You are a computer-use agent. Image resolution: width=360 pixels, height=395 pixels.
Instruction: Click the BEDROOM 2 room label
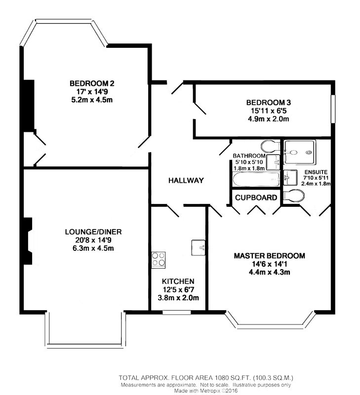pos(92,83)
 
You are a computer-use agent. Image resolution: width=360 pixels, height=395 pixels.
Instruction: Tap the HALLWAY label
pos(186,180)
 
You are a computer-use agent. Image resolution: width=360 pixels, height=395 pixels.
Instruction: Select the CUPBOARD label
pos(256,198)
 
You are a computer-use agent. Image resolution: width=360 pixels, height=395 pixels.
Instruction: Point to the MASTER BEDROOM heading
pos(269,256)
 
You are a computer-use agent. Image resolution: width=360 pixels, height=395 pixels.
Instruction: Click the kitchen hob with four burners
pos(159,260)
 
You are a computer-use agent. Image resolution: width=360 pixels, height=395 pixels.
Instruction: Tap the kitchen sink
pos(198,248)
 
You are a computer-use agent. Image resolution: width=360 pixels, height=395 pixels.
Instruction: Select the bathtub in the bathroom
pos(256,179)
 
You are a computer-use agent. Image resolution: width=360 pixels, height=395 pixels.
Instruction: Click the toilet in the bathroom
pos(270,147)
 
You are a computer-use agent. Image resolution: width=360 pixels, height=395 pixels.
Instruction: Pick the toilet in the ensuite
pos(293,196)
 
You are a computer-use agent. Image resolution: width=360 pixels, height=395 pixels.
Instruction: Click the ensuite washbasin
pos(290,178)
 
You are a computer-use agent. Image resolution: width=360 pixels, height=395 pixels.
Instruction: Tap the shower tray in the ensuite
pos(300,152)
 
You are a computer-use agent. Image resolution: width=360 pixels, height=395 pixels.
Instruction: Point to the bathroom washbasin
pos(273,162)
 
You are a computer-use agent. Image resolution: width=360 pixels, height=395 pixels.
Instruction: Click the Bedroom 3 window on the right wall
pos(333,109)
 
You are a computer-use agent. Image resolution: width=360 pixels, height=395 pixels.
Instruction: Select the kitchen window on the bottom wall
pos(177,313)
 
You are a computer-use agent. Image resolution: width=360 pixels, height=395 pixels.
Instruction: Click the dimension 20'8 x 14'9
pos(93,240)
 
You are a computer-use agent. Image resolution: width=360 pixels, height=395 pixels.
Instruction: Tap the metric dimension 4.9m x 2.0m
pos(268,119)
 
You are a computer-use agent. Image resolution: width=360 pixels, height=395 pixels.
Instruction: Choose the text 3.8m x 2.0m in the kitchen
pos(178,298)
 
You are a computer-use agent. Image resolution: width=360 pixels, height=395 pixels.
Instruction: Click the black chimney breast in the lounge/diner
pos(27,241)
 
